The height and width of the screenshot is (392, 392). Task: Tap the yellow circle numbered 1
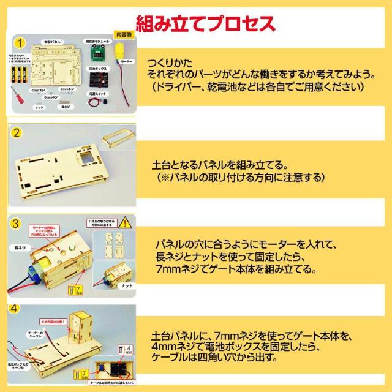(x=21, y=43)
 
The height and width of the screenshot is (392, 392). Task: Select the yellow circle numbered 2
(x=18, y=132)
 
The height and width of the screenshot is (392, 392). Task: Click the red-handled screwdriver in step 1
(x=21, y=96)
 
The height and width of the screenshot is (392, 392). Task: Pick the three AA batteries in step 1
(x=21, y=76)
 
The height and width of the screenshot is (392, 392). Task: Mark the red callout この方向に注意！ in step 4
(x=53, y=320)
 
